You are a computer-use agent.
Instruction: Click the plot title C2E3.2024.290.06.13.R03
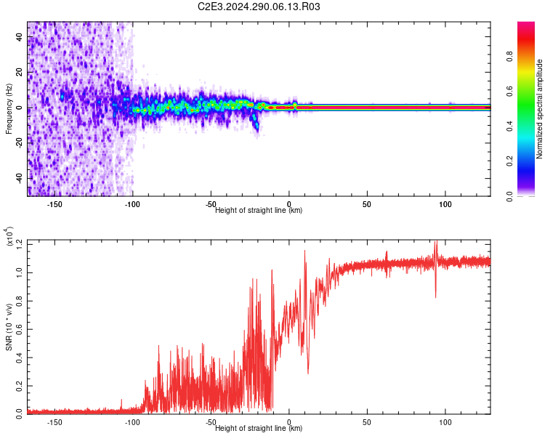pyautogui.click(x=259, y=7)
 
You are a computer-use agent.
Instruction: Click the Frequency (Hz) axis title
pyautogui.click(x=9, y=109)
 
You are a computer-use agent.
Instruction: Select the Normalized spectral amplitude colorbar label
pyautogui.click(x=540, y=109)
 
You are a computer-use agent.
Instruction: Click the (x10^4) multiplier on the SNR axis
pyautogui.click(x=9, y=237)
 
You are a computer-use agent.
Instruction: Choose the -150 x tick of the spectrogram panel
pyautogui.click(x=53, y=204)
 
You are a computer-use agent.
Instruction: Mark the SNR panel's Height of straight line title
pyautogui.click(x=259, y=429)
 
